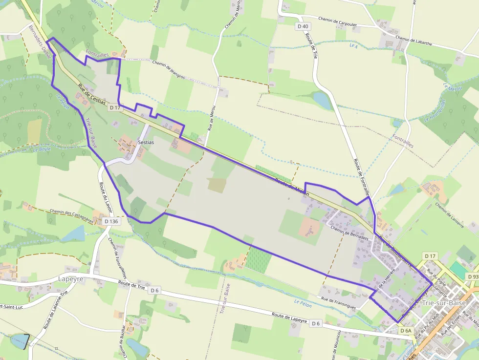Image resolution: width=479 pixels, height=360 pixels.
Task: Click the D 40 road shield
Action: tap(303, 26)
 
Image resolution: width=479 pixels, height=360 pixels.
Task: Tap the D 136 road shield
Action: tap(111, 221)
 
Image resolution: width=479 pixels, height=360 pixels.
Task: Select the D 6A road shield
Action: tap(407, 331)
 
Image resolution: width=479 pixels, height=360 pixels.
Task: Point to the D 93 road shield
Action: tap(473, 276)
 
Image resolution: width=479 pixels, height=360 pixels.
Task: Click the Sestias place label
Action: tap(146, 142)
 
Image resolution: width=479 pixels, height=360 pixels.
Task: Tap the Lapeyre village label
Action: tap(71, 278)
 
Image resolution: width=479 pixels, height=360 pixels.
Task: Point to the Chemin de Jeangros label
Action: tap(169, 69)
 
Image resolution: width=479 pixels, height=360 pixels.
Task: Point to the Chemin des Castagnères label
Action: tap(71, 216)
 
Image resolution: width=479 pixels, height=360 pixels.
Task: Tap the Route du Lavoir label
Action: tap(106, 197)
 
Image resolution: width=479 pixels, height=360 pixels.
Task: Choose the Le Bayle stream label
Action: tap(42, 149)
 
